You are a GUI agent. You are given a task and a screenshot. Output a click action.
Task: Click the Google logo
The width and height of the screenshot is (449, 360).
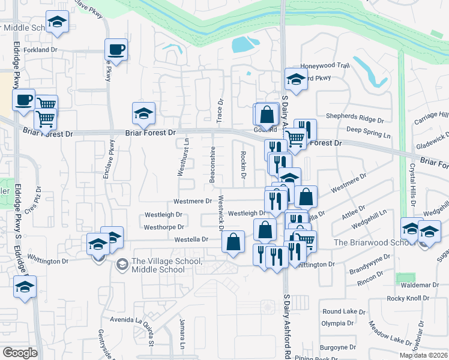click(x=19, y=353)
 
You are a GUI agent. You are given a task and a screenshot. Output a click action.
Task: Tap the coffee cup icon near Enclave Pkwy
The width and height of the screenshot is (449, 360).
click(x=116, y=49)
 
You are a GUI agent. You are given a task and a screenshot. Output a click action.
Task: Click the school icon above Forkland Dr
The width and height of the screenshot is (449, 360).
click(x=57, y=22)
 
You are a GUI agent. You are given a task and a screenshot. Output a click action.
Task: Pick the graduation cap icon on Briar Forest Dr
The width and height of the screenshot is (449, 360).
click(x=143, y=113)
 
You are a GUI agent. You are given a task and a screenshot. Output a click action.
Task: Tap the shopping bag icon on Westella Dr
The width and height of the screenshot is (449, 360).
click(x=233, y=242)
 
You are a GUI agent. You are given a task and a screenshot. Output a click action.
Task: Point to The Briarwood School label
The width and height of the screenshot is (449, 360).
click(x=366, y=242)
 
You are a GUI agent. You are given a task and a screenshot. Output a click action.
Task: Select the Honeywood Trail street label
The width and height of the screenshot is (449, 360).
click(x=325, y=65)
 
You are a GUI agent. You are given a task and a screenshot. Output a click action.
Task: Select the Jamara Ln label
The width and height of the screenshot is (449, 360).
click(x=181, y=339)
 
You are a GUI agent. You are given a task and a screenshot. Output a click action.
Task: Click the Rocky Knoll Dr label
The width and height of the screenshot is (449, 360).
click(x=405, y=298)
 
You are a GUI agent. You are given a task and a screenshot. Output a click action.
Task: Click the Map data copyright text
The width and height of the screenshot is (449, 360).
click(x=423, y=355)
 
